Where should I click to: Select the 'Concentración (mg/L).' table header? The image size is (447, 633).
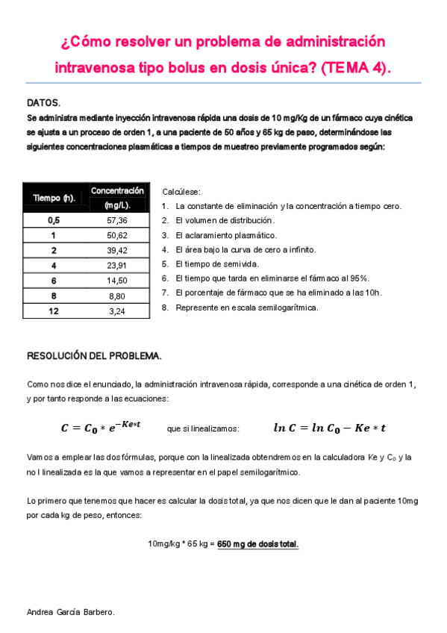[x=117, y=198]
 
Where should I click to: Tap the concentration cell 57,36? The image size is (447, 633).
[x=117, y=220]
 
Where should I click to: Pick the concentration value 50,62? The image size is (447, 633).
[x=117, y=235]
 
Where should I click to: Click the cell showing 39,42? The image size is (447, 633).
[x=117, y=250]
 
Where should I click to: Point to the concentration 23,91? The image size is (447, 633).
[x=117, y=265]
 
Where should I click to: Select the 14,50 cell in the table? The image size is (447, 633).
[x=117, y=280]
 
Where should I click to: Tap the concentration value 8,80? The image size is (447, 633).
[x=117, y=295]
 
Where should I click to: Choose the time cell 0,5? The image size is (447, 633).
[x=54, y=220]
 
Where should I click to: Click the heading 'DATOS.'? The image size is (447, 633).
[x=43, y=102]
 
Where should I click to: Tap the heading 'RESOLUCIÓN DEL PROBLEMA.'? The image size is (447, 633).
[x=94, y=355]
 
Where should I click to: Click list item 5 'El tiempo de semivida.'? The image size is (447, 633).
[x=217, y=264]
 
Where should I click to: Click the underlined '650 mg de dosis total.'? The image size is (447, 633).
[x=257, y=543]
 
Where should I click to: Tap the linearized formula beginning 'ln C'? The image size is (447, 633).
[x=329, y=428]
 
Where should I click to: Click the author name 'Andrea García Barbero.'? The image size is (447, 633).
[x=71, y=612]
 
